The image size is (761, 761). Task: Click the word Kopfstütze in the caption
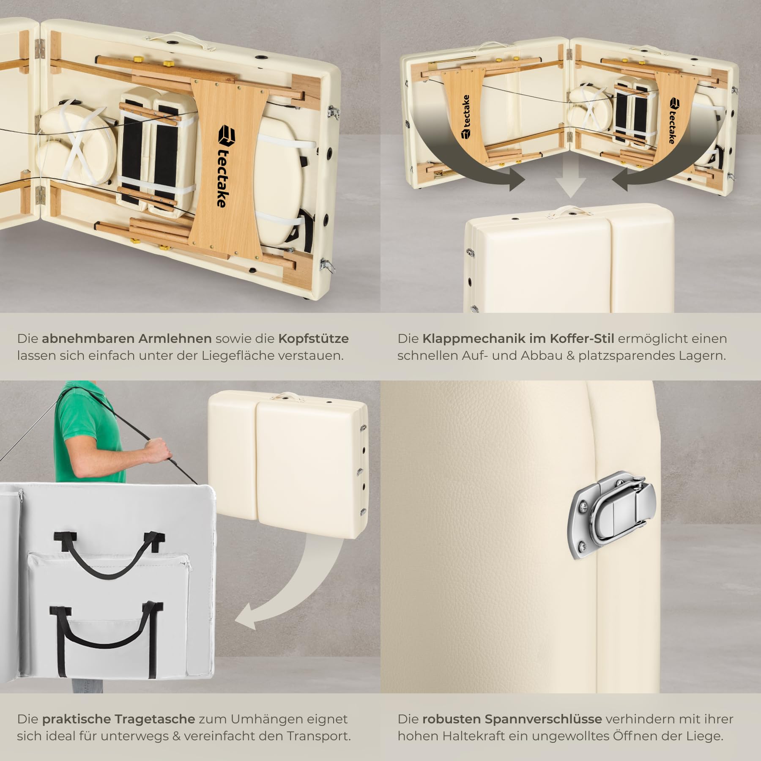pos(313,339)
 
